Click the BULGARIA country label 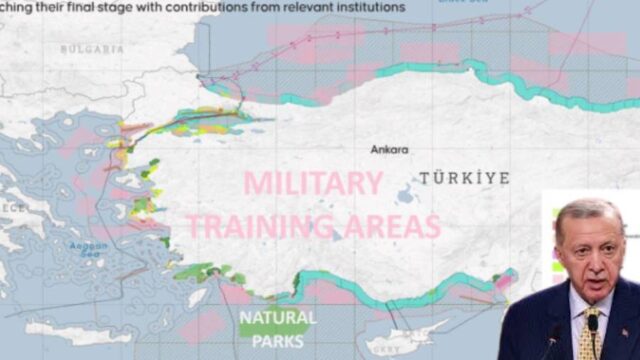click(x=92, y=48)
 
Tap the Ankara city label click(x=389, y=150)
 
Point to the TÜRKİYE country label click(x=464, y=178)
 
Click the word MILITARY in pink click(x=313, y=184)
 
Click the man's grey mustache click(x=592, y=270)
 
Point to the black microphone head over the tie click(x=593, y=322)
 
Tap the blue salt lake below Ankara click(x=407, y=195)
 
